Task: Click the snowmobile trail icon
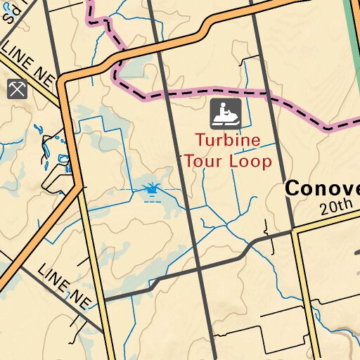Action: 226,114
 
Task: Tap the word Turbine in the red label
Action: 228,140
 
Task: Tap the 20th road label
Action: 335,207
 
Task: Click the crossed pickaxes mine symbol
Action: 17,89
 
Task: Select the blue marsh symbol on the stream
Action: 151,190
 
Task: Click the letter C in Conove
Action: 294,188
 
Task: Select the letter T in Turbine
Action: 200,140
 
